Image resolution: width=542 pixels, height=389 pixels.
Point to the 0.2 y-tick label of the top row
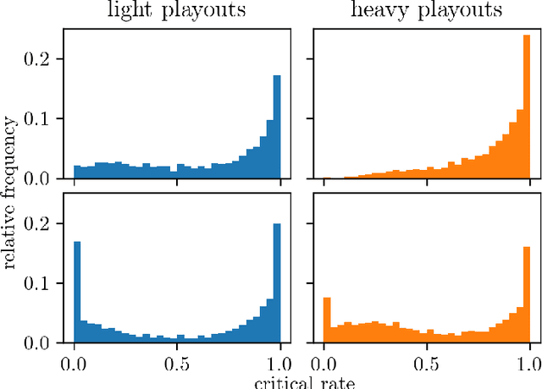click(x=41, y=59)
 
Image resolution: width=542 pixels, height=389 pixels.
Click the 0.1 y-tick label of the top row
click(x=41, y=119)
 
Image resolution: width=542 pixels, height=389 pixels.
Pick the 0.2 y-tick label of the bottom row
click(x=41, y=223)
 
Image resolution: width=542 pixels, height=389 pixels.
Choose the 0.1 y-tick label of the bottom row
click(x=41, y=283)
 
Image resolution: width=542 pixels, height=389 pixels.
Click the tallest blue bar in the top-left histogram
click(x=276, y=127)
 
